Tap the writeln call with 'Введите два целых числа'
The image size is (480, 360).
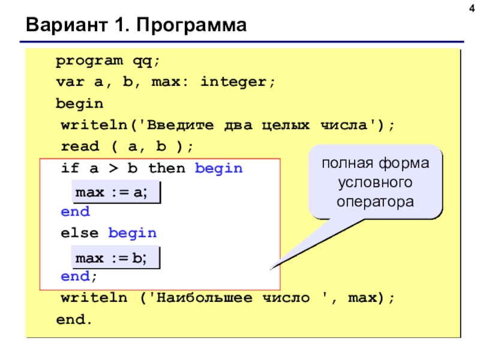click(x=228, y=125)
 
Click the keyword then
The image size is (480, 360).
click(x=167, y=169)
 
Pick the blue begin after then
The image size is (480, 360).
click(x=219, y=169)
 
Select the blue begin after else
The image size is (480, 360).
click(x=133, y=233)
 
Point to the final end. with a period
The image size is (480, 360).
click(x=75, y=320)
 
